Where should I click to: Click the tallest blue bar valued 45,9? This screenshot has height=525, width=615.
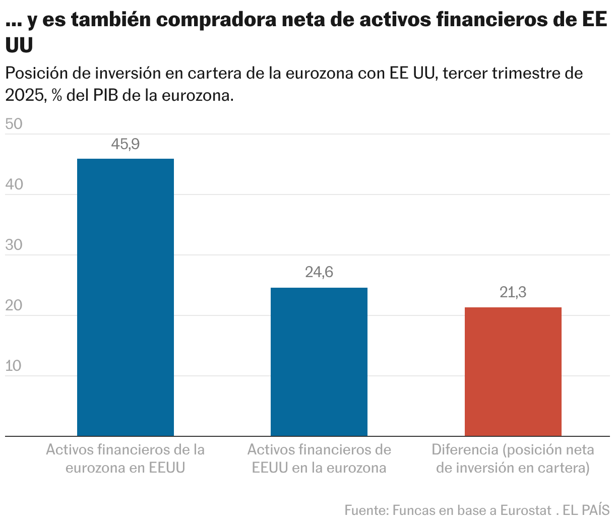(x=125, y=297)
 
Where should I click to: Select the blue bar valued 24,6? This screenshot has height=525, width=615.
(x=319, y=362)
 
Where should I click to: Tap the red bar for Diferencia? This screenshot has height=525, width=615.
(x=513, y=371)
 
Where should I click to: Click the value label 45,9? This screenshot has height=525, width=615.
(x=125, y=145)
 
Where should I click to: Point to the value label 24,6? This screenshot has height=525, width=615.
(x=319, y=273)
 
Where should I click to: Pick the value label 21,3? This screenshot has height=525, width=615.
(x=513, y=292)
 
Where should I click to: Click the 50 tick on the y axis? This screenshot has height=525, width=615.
(x=14, y=124)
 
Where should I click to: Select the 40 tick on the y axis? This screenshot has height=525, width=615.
(x=14, y=184)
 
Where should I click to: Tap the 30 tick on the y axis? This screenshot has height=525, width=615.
(x=14, y=245)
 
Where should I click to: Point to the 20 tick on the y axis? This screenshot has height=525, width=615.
(x=14, y=305)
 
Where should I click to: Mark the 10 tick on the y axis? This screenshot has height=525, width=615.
(x=14, y=366)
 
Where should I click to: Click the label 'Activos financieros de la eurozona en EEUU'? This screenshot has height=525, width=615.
(x=125, y=458)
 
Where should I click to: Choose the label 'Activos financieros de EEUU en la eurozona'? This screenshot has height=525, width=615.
(x=319, y=458)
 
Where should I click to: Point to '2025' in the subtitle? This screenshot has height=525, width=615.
(x=24, y=95)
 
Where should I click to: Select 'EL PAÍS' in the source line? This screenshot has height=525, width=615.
(x=586, y=510)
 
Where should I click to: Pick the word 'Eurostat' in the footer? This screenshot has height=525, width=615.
(x=526, y=510)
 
